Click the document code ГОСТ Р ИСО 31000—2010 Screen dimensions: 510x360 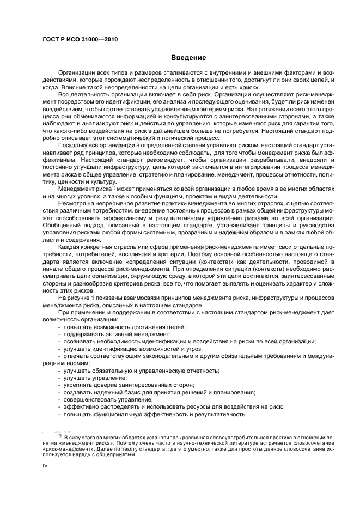pyautogui.click(x=80, y=40)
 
